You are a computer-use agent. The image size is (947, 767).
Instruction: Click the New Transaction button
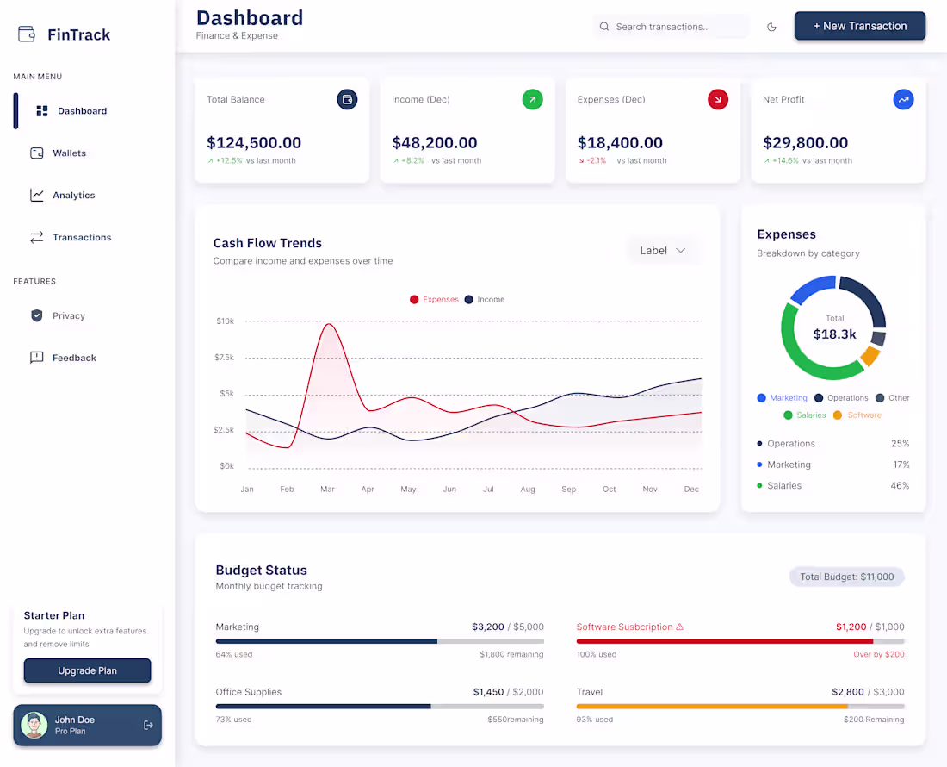pyautogui.click(x=859, y=26)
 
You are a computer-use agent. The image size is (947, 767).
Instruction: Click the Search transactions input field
pyautogui.click(x=672, y=27)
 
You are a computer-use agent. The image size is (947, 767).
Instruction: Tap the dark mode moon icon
pyautogui.click(x=771, y=27)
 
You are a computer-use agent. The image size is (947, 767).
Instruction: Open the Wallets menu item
pyautogui.click(x=69, y=153)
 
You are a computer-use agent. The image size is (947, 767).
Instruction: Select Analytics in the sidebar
pyautogui.click(x=73, y=196)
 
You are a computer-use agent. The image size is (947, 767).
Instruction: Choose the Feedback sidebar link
pyautogui.click(x=74, y=358)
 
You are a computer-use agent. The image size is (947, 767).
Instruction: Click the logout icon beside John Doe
pyautogui.click(x=148, y=726)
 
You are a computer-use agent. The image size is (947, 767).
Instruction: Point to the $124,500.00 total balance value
pyautogui.click(x=254, y=143)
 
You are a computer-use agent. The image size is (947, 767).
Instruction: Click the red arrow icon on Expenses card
pyautogui.click(x=717, y=100)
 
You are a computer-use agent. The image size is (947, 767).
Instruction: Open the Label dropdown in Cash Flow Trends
pyautogui.click(x=663, y=251)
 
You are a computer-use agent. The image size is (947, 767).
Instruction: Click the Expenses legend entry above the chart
pyautogui.click(x=435, y=300)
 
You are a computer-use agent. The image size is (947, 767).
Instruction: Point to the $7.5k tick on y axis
pyautogui.click(x=224, y=358)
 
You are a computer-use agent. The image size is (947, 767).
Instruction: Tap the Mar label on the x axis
pyautogui.click(x=327, y=490)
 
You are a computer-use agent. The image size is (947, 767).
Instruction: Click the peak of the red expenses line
pyautogui.click(x=327, y=325)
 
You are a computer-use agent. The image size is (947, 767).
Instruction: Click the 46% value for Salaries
pyautogui.click(x=900, y=486)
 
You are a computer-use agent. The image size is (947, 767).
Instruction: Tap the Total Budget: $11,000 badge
pyautogui.click(x=846, y=577)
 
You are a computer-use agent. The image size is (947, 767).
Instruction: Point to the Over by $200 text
pyautogui.click(x=879, y=655)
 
